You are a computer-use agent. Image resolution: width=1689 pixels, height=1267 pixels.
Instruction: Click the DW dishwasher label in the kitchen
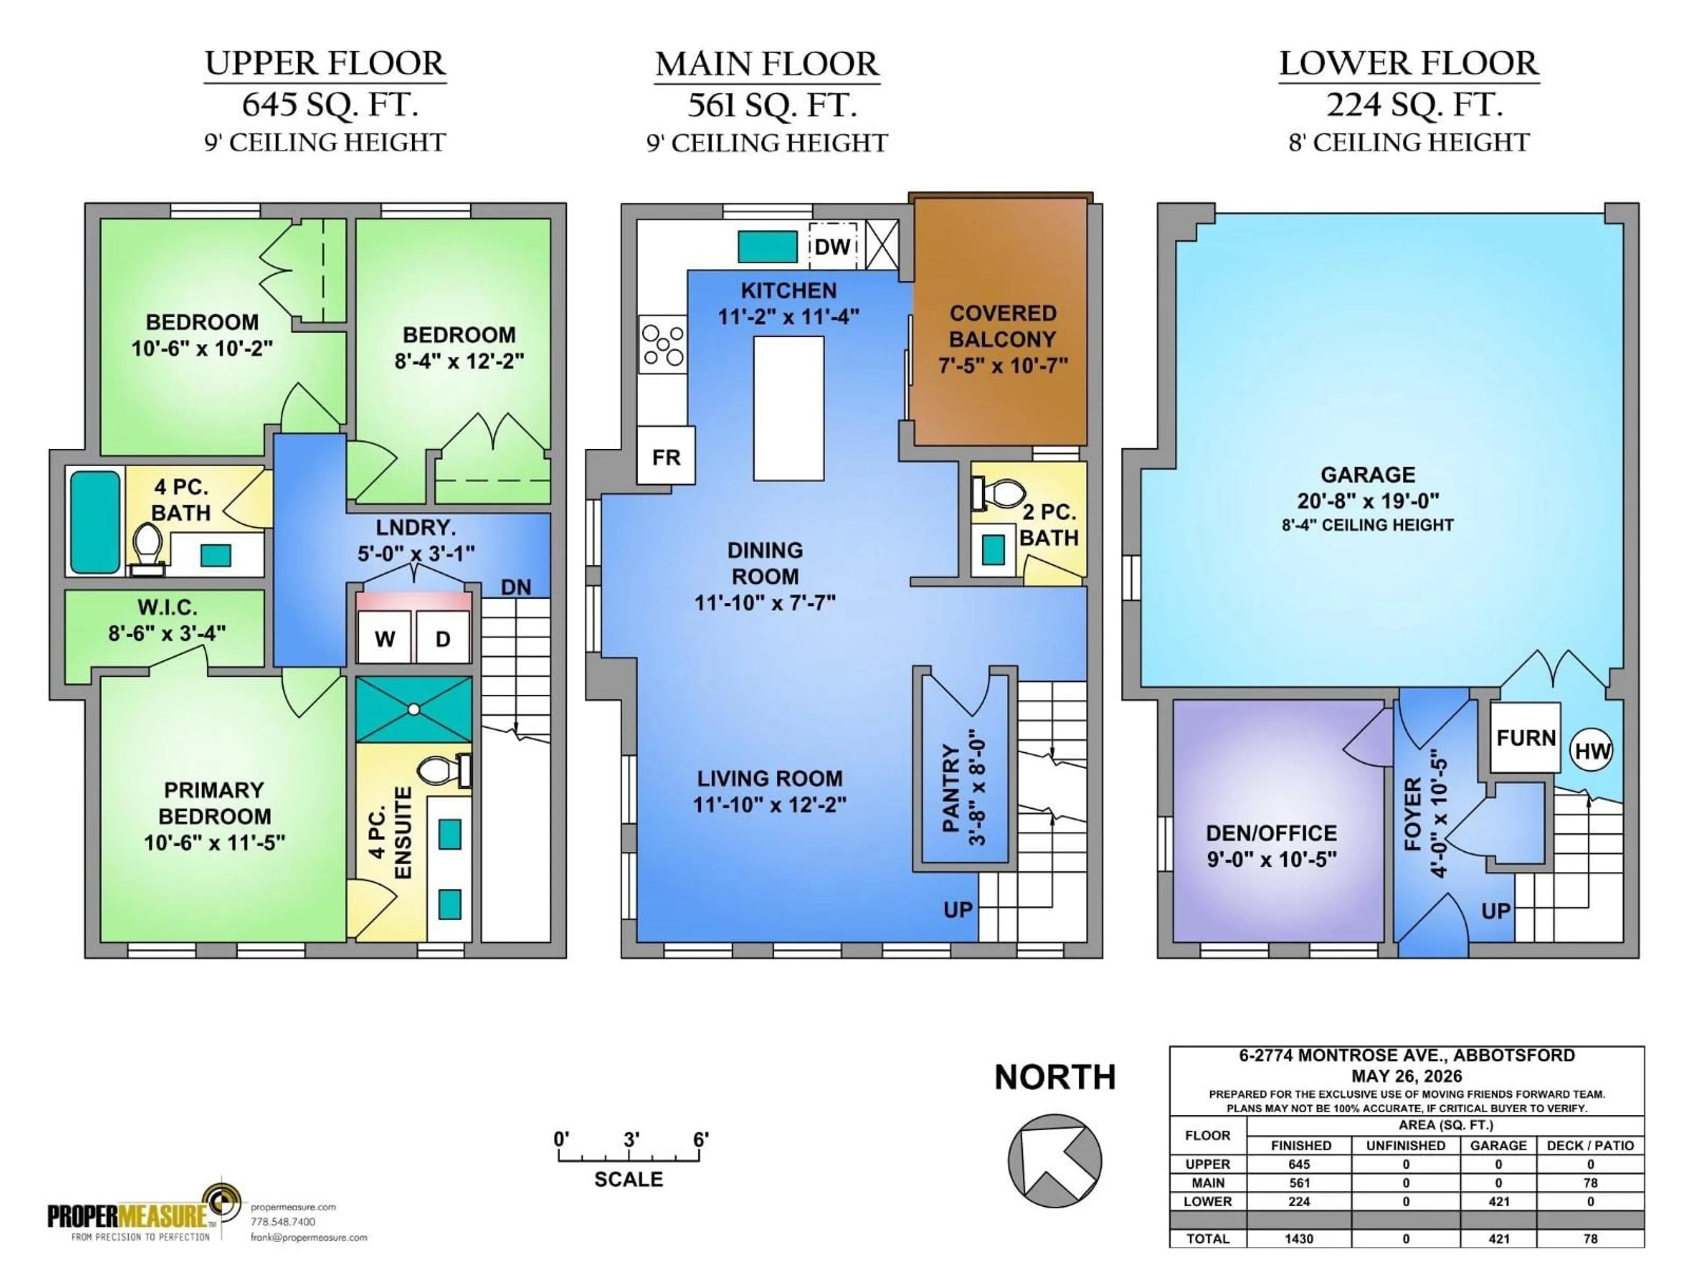click(832, 247)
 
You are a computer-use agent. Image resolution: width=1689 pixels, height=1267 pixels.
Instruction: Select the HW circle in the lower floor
click(1592, 751)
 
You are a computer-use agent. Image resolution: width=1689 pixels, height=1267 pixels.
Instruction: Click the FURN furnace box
click(1525, 738)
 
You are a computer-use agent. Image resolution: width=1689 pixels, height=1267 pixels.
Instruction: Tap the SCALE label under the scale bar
click(629, 1179)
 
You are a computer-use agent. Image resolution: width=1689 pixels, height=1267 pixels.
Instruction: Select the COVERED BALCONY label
click(1002, 326)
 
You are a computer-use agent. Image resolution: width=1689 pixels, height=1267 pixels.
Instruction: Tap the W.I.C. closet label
click(167, 608)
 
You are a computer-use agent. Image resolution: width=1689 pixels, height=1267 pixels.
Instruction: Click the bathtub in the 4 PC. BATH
click(95, 522)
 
